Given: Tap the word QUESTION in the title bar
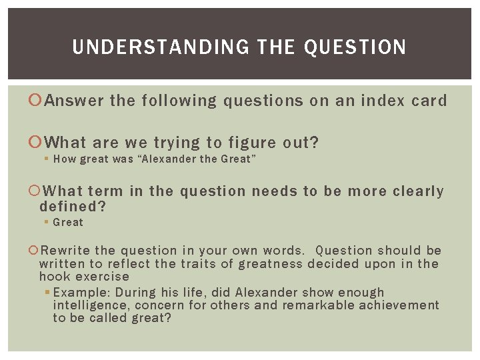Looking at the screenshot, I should [x=355, y=47].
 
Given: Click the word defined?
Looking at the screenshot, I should [x=73, y=207].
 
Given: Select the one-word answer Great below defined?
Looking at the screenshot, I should [x=68, y=222].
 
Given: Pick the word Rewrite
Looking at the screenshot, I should [x=65, y=251].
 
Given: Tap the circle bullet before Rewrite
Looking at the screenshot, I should [x=35, y=251].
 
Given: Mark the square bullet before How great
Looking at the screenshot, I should [x=47, y=159].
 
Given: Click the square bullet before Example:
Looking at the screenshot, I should [x=47, y=293].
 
